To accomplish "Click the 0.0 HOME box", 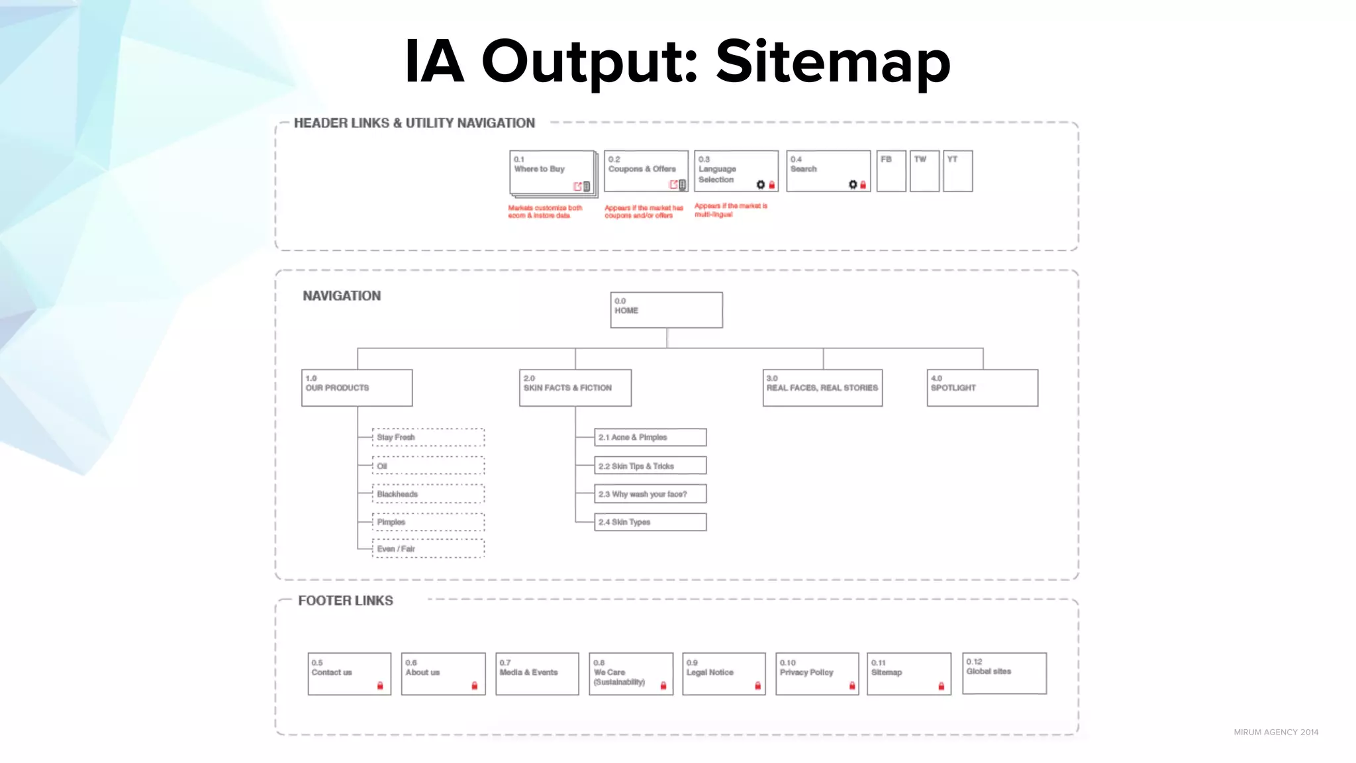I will (x=666, y=310).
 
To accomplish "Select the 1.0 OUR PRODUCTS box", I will (x=357, y=387).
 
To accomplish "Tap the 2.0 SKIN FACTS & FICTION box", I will (x=575, y=387).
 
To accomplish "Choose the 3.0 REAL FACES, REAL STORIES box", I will (x=822, y=387).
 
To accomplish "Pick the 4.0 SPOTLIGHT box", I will (x=982, y=387).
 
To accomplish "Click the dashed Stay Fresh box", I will (x=428, y=437).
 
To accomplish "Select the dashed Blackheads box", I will (x=428, y=494).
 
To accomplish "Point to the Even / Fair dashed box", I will (x=428, y=549).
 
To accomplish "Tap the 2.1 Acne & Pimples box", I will (x=650, y=437).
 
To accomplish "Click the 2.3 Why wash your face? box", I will (x=650, y=494).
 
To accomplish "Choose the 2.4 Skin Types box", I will (x=650, y=522).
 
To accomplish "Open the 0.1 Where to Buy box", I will (x=552, y=172).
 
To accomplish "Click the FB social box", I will (x=891, y=171).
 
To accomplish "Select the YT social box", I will (x=957, y=171).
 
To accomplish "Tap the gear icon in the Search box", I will (x=853, y=185).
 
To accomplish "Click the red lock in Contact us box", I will (x=380, y=686).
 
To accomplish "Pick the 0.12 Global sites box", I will (x=1004, y=673).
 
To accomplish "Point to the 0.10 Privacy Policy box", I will (x=816, y=674).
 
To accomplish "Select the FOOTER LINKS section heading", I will (x=345, y=601).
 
